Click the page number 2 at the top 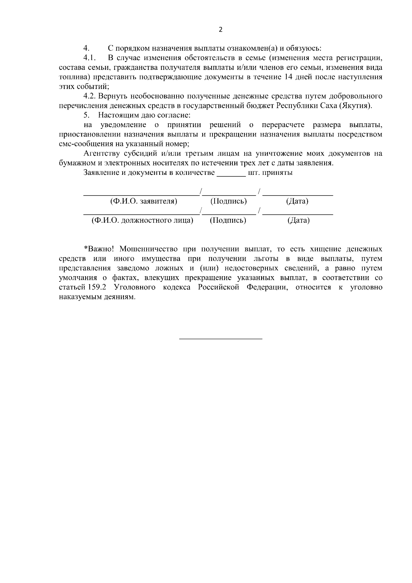coord(220,30)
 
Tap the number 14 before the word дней coord(289,77)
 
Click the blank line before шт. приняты coord(231,173)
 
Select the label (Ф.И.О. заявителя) coord(144,201)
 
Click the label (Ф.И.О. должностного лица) coord(142,221)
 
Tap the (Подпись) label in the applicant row coord(228,201)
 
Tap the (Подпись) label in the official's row coord(228,221)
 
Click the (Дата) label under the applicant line coord(297,201)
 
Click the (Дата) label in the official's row coord(298,221)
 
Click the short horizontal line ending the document coord(221,339)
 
